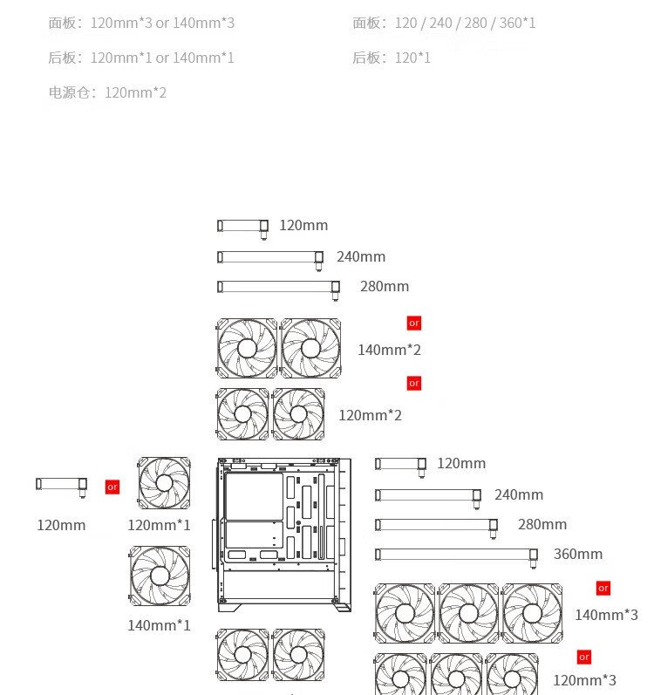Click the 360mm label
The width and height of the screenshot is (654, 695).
(x=578, y=554)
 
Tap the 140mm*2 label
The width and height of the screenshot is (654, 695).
(x=389, y=350)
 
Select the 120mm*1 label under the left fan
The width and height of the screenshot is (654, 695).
(x=159, y=525)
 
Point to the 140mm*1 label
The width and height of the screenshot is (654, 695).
(x=159, y=625)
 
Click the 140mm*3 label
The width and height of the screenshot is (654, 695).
(x=606, y=615)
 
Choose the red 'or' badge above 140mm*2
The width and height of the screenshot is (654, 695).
(x=414, y=323)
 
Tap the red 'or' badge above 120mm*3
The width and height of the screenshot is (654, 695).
(x=584, y=657)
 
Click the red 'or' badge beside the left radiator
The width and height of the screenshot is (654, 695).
(x=112, y=487)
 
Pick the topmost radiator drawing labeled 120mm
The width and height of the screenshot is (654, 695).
(x=243, y=227)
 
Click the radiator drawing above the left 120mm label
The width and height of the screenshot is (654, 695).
(x=61, y=485)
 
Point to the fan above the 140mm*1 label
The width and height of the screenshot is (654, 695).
(x=160, y=576)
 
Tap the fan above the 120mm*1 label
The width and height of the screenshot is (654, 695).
(x=164, y=483)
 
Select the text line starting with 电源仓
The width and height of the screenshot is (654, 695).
(x=107, y=92)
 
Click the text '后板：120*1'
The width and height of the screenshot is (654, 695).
(x=392, y=58)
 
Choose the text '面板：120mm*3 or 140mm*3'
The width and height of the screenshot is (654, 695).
(x=141, y=23)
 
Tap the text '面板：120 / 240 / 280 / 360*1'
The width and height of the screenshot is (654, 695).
(x=444, y=23)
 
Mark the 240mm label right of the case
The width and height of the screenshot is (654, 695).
(x=519, y=494)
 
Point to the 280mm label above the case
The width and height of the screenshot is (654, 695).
(x=385, y=286)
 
